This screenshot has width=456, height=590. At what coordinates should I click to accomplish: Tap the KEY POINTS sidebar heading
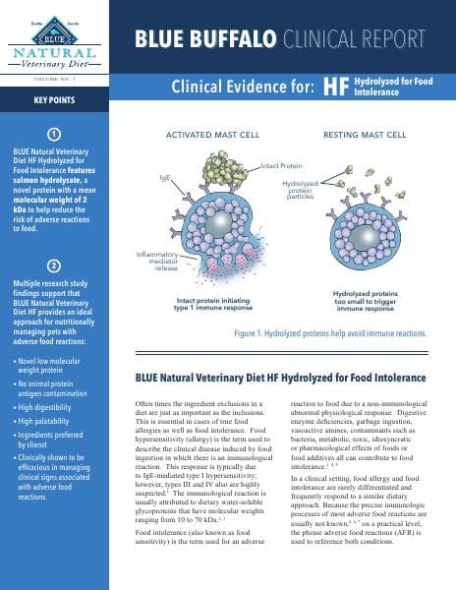(x=54, y=100)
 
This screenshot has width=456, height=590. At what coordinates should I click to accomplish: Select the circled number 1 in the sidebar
(x=54, y=135)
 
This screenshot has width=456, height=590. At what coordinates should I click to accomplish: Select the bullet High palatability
(x=58, y=427)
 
